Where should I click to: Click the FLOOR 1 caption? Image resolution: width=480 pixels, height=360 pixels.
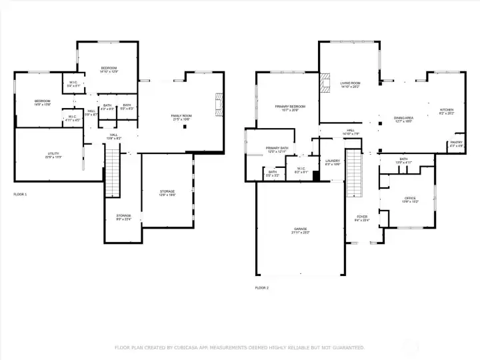tap(21, 194)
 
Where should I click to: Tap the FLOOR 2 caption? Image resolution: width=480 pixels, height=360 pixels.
tap(262, 288)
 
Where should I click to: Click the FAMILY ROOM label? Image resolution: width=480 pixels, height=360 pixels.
tap(181, 117)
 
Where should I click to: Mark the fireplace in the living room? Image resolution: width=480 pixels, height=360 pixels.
tap(325, 83)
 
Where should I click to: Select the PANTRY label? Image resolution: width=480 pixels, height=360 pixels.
tap(456, 143)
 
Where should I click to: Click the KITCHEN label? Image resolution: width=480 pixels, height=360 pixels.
tap(446, 110)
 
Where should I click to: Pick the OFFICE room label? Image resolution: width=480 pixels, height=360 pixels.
tap(410, 199)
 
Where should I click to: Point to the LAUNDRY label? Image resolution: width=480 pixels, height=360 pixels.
tap(333, 161)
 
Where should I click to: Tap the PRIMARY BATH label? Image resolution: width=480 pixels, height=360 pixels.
tap(277, 149)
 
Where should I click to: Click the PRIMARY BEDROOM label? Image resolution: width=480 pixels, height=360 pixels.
tap(290, 107)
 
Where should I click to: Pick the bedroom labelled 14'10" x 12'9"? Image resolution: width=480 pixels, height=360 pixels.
tap(109, 69)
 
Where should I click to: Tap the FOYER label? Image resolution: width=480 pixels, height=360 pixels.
tap(362, 217)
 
